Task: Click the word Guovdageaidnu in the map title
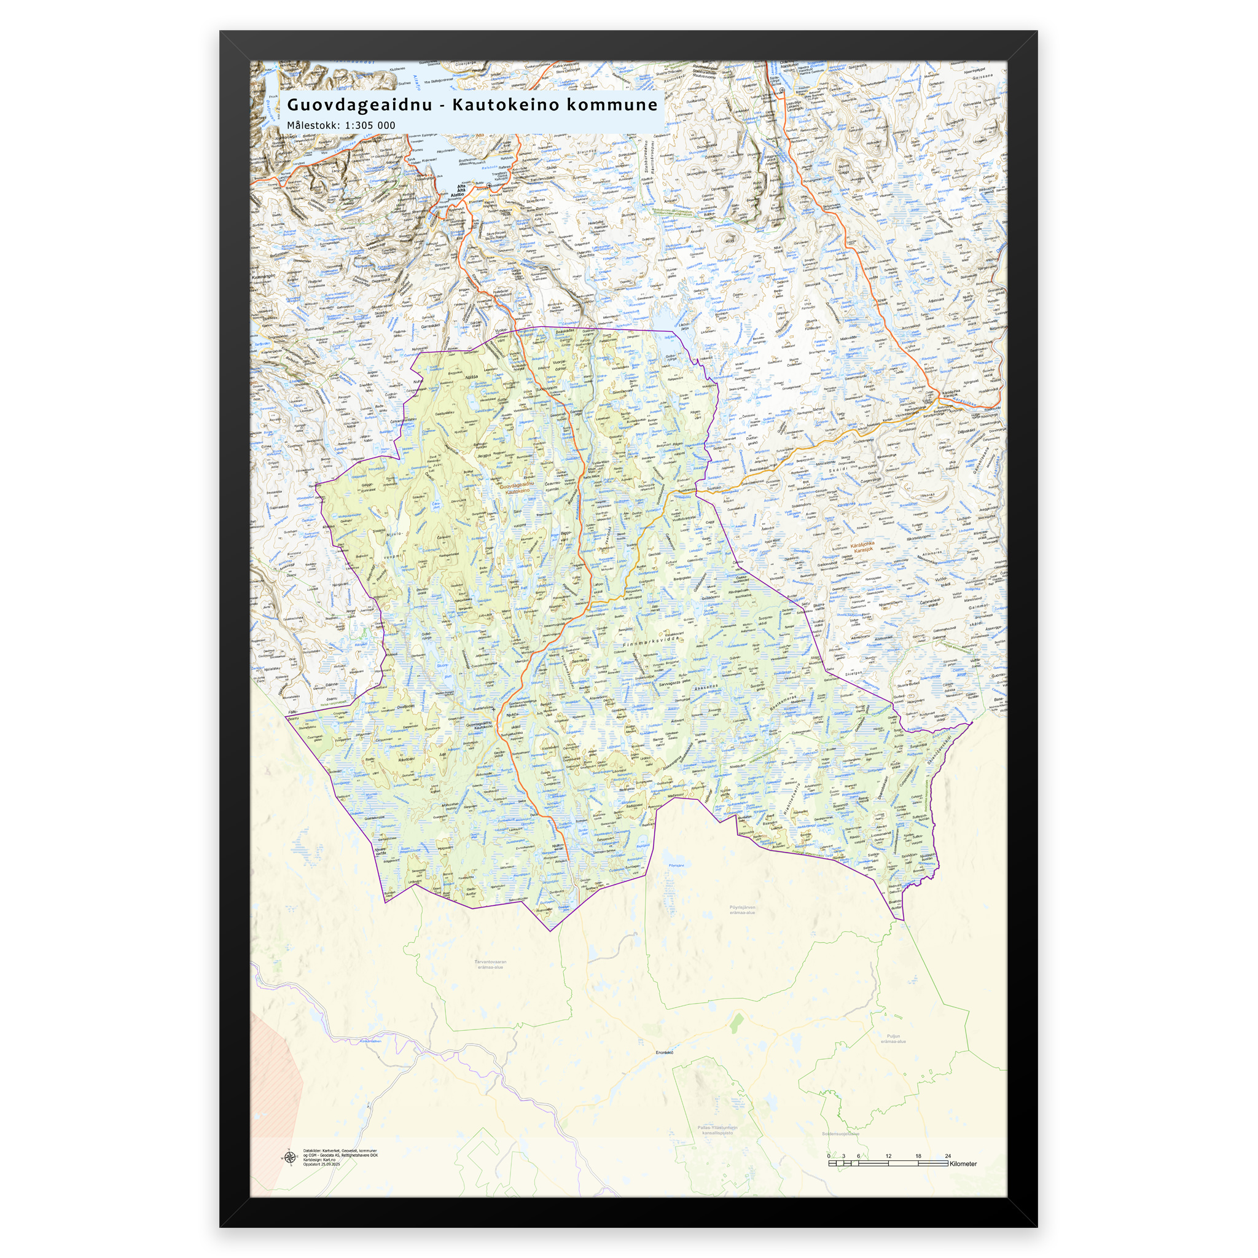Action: click(359, 105)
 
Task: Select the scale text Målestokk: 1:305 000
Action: click(340, 125)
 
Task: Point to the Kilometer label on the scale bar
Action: click(963, 1163)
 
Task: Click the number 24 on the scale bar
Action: click(947, 1156)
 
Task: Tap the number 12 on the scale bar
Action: click(888, 1156)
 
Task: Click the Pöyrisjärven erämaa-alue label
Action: click(742, 910)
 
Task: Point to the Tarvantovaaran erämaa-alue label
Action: click(490, 964)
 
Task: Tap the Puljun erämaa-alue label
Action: click(893, 1039)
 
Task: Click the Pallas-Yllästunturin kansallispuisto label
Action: click(717, 1130)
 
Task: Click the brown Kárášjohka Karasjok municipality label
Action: click(863, 547)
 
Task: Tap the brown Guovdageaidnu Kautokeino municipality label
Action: click(517, 488)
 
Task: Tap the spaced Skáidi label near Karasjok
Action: click(838, 469)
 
